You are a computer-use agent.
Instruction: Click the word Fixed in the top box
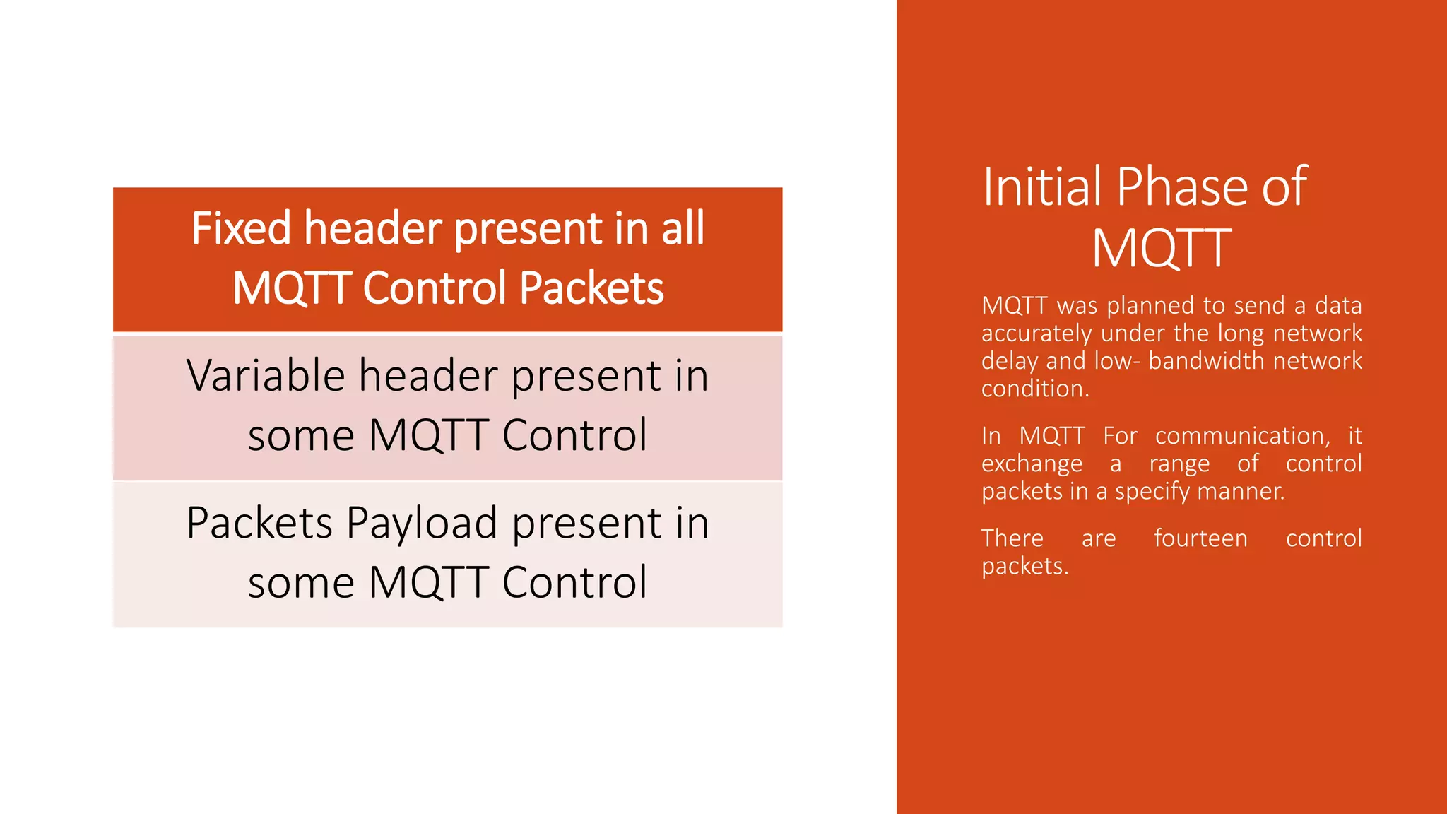point(241,228)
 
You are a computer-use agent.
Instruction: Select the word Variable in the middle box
point(265,375)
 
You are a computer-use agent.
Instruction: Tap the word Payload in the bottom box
point(422,524)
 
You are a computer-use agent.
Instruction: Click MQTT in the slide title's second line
point(1162,248)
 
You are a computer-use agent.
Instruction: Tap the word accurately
point(1036,334)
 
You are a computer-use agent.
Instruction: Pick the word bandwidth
point(1195,361)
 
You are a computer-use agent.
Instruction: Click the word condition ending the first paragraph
point(1034,389)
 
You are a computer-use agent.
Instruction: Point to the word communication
point(1242,436)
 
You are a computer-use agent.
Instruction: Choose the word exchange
point(1032,464)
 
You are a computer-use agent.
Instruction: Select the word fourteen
point(1200,538)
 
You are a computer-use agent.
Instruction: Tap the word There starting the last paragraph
point(1012,538)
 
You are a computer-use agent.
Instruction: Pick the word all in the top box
point(683,228)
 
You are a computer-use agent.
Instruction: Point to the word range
point(1179,464)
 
